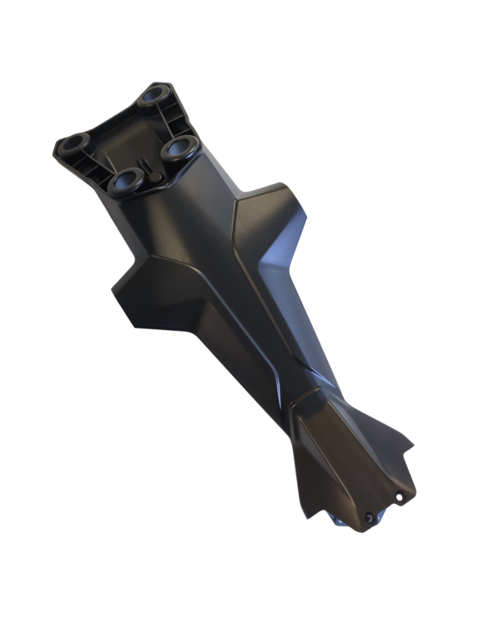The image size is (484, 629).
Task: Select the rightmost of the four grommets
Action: point(179,148)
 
